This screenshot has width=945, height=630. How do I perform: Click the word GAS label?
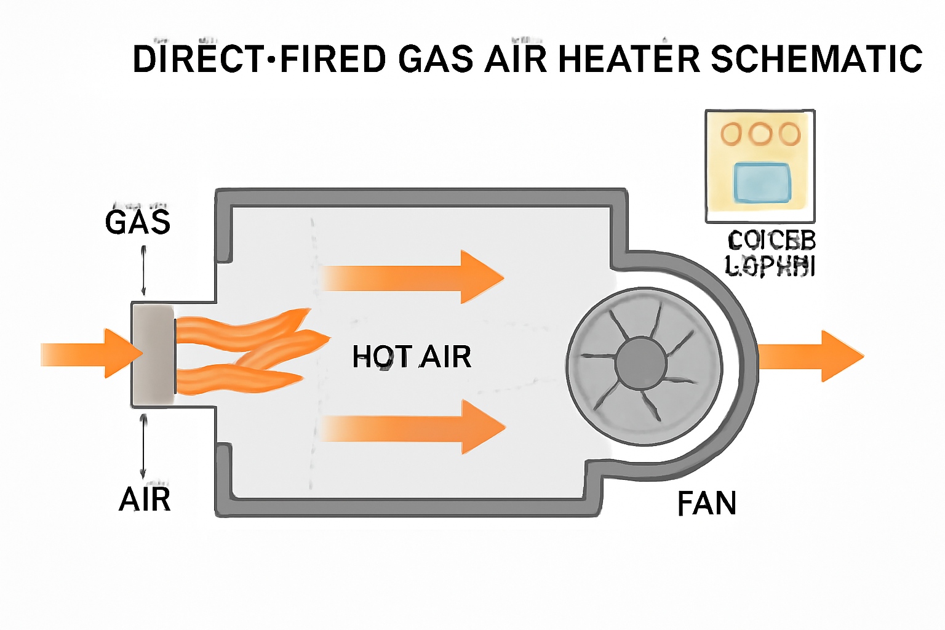[137, 222]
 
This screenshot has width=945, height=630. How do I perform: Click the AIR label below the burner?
[145, 499]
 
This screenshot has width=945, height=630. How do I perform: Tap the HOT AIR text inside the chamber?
[412, 357]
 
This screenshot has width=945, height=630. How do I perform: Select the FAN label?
[706, 504]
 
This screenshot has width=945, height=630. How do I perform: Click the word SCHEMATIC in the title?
[816, 59]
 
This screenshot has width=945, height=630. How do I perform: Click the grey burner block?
[153, 354]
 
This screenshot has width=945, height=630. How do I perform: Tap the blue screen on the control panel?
[762, 183]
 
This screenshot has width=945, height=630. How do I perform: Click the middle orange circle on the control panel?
[761, 134]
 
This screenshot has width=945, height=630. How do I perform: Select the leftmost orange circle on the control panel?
[732, 134]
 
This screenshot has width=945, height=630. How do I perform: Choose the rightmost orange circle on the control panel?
[789, 134]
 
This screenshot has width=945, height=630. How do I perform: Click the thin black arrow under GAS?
[143, 271]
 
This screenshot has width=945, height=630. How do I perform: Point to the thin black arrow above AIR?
[143, 445]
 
